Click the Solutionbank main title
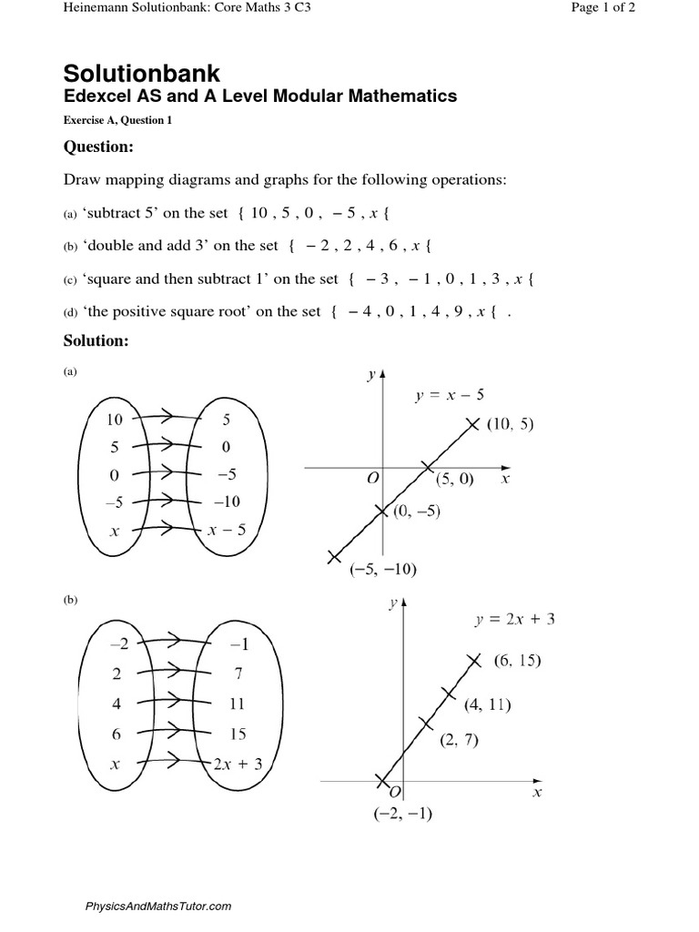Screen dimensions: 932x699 click(141, 73)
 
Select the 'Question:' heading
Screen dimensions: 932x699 click(98, 147)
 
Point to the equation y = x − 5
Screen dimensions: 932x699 click(449, 395)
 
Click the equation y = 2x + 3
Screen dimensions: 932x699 click(515, 620)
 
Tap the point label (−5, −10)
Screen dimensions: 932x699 click(383, 570)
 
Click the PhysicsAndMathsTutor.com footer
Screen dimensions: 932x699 click(158, 906)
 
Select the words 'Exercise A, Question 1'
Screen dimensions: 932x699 click(117, 120)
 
